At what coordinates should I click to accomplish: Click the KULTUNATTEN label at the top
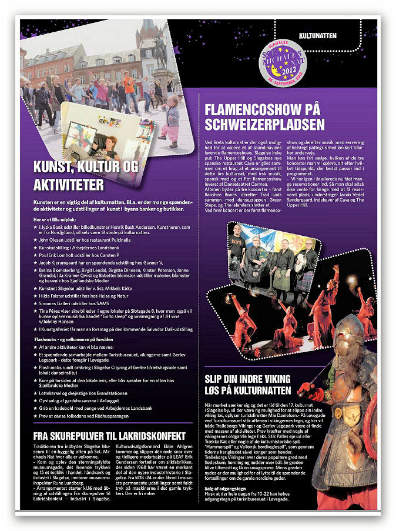(317, 35)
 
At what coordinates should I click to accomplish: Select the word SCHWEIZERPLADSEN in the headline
(264, 124)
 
